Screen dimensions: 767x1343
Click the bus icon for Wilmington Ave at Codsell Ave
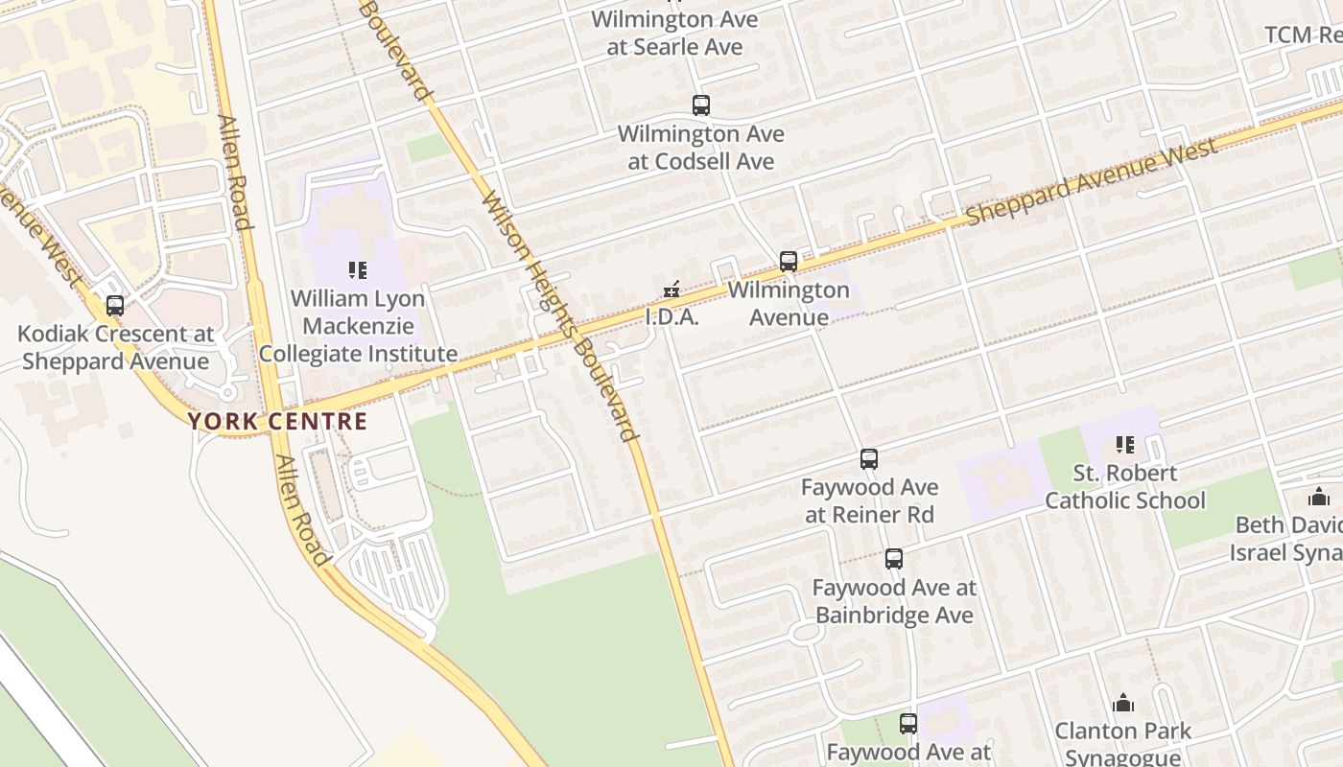[701, 105]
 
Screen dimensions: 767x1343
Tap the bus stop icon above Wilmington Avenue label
[789, 261]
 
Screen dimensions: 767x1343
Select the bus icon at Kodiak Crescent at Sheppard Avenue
[115, 306]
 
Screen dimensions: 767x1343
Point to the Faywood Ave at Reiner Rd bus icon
[869, 459]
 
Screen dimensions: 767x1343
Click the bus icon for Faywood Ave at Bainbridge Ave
[894, 559]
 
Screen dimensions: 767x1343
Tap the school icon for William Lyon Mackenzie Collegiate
[358, 270]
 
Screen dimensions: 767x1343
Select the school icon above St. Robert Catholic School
[1125, 445]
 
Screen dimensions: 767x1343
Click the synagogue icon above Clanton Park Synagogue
[1123, 704]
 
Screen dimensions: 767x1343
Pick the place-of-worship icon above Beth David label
[1319, 497]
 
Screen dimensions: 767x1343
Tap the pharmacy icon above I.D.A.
[672, 289]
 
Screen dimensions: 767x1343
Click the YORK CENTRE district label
[277, 421]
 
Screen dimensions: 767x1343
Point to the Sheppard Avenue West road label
[1092, 181]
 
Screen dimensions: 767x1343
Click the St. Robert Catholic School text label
[1125, 487]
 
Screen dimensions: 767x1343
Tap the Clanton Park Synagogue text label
[1123, 744]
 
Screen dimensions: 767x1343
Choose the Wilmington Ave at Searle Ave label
[674, 33]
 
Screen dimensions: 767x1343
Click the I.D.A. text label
[671, 317]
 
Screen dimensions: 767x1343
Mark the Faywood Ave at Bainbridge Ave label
[894, 601]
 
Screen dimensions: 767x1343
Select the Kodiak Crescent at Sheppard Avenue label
[115, 348]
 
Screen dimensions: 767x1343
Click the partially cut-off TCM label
[1304, 35]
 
